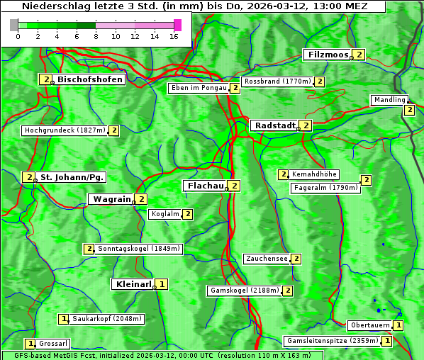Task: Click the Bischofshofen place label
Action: tap(90, 80)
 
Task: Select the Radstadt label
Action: tap(275, 125)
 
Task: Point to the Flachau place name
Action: tap(205, 186)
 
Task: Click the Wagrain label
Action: tap(112, 200)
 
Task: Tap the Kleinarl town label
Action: tap(133, 284)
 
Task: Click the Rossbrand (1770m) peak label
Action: tap(277, 81)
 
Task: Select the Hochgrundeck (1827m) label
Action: tap(65, 130)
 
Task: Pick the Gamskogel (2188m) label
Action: tap(245, 291)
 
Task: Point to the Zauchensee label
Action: tap(267, 259)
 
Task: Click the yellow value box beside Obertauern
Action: tap(398, 326)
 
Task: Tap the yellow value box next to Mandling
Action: tap(409, 110)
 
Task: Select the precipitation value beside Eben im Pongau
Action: tap(235, 89)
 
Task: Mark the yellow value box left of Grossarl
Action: tap(30, 344)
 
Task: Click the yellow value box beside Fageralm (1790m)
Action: tap(367, 180)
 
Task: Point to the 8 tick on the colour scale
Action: tap(96, 35)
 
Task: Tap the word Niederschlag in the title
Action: tap(59, 6)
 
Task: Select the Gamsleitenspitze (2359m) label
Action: tap(331, 341)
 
